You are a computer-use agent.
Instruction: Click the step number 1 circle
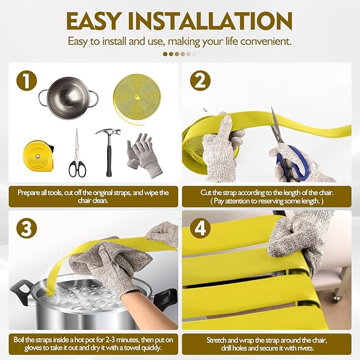pyautogui.click(x=27, y=81)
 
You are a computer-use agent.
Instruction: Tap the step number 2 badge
pyautogui.click(x=200, y=81)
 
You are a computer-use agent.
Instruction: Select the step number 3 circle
pyautogui.click(x=27, y=228)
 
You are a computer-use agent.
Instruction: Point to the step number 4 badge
pyautogui.click(x=200, y=228)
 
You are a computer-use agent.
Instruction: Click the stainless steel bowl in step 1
pyautogui.click(x=68, y=98)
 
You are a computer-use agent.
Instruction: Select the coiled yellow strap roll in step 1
pyautogui.click(x=136, y=100)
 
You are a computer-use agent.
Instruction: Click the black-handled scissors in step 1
pyautogui.click(x=77, y=153)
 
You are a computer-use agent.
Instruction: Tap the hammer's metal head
pyautogui.click(x=108, y=133)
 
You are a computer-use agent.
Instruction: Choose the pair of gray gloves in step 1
pyautogui.click(x=144, y=155)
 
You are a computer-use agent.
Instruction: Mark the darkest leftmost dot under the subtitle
pyautogui.click(x=165, y=54)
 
